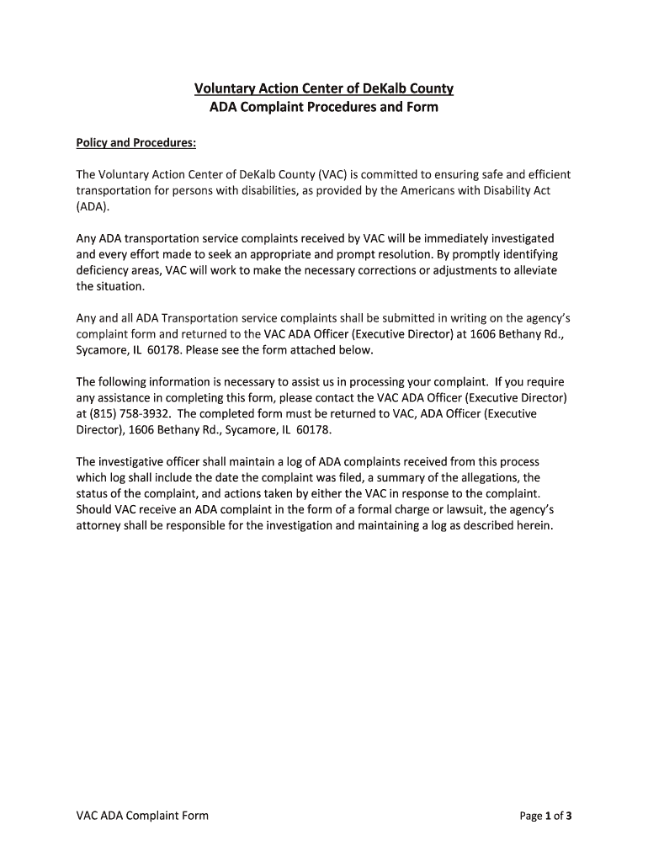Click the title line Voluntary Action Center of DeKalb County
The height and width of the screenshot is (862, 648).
tap(324, 88)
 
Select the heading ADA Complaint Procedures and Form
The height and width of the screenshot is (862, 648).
tap(324, 108)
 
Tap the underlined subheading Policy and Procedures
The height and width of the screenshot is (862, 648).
tap(136, 143)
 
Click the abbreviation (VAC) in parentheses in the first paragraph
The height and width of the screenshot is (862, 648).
tap(331, 174)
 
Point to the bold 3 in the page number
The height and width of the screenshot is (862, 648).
tap(569, 815)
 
